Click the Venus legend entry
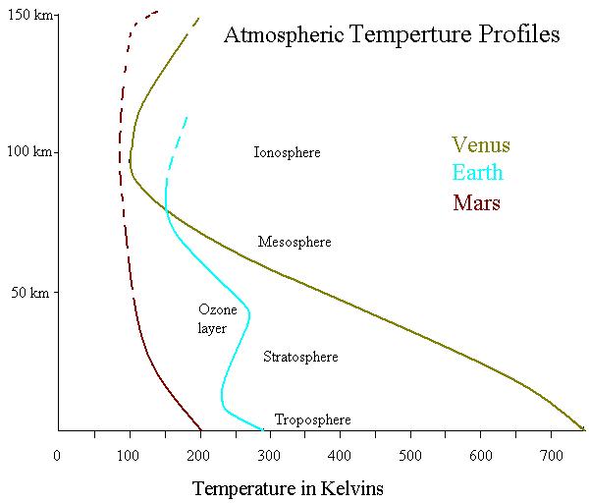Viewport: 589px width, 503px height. [x=480, y=145]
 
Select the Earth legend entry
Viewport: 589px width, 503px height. [x=477, y=174]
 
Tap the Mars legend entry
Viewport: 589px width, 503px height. [x=477, y=203]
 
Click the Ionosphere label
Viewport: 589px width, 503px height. [x=287, y=153]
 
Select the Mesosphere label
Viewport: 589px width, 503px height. [x=294, y=242]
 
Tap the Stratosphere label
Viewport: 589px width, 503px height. [x=300, y=357]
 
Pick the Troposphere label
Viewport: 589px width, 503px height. [x=312, y=419]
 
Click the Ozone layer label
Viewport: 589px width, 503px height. [x=212, y=319]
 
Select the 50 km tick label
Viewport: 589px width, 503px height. [x=31, y=293]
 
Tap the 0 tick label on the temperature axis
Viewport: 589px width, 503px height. [x=58, y=456]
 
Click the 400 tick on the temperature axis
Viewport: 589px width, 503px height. [x=340, y=456]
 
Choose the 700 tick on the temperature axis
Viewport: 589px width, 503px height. [x=552, y=456]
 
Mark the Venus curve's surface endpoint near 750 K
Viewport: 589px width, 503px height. [x=583, y=428]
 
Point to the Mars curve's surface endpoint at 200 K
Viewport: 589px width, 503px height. [x=199, y=428]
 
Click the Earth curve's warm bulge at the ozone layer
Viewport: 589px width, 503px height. [x=248, y=314]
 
